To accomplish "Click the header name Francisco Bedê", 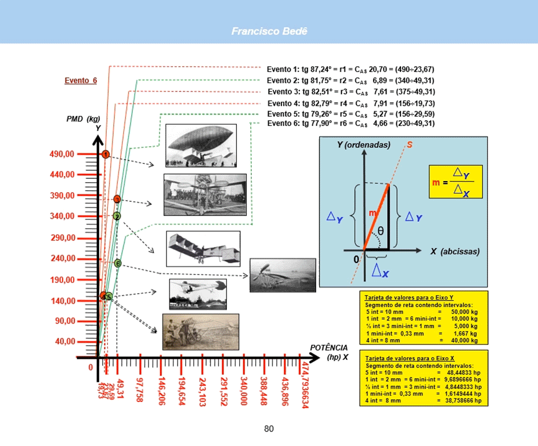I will [269, 31].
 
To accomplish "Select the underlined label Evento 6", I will [81, 81].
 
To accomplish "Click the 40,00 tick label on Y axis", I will [64, 342].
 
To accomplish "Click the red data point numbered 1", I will [106, 154].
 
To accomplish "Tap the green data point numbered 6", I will [118, 264].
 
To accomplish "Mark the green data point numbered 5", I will [109, 297].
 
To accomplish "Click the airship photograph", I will [201, 145].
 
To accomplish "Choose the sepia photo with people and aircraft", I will [201, 332].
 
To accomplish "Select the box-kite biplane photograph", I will [203, 249].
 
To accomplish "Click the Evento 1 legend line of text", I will [351, 69].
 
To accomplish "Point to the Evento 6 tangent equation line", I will [351, 124].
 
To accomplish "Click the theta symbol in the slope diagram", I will [380, 231].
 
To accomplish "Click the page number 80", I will [269, 429].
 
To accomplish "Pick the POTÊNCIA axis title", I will [328, 347].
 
